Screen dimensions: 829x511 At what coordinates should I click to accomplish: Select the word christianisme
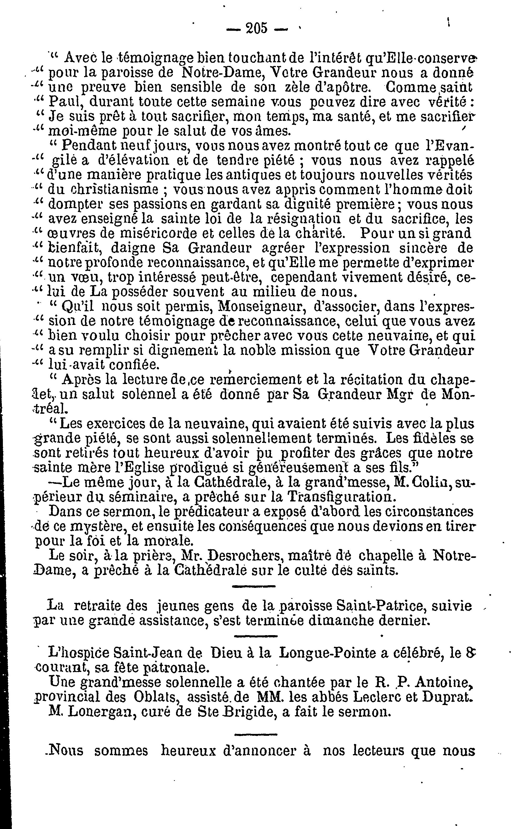click(x=103, y=189)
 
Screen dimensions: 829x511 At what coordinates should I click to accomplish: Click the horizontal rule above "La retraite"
click(x=254, y=586)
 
